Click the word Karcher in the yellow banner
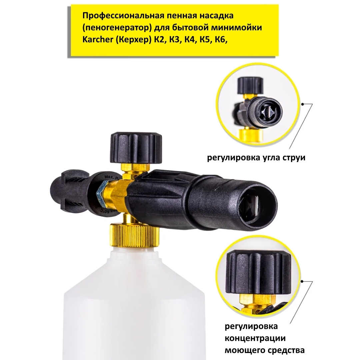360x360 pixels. [x=98, y=39]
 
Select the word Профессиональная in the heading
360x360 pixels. [x=124, y=16]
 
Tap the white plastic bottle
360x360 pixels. [x=134, y=303]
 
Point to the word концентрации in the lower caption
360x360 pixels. [x=255, y=338]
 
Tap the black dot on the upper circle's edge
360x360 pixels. [x=303, y=104]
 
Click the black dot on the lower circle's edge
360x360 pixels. [x=302, y=281]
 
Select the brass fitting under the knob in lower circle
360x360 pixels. [x=257, y=303]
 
